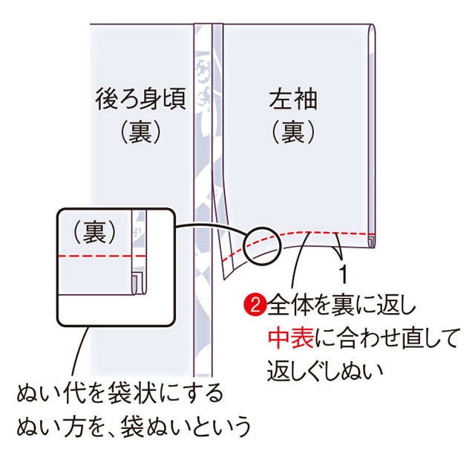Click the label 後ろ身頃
click(140, 99)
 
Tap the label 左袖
click(293, 99)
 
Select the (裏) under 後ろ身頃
click(140, 132)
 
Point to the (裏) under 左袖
click(293, 132)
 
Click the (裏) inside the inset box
click(95, 232)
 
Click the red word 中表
click(290, 338)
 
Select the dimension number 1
click(343, 274)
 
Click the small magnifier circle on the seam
click(263, 247)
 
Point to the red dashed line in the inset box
click(102, 256)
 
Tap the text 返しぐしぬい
click(325, 371)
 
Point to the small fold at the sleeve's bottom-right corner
click(371, 242)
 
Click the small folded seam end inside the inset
click(138, 283)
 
